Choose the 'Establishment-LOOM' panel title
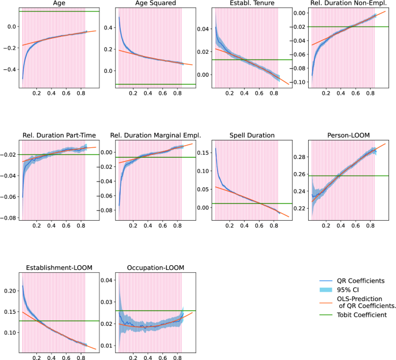[53, 268]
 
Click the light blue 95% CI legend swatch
[319, 290]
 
